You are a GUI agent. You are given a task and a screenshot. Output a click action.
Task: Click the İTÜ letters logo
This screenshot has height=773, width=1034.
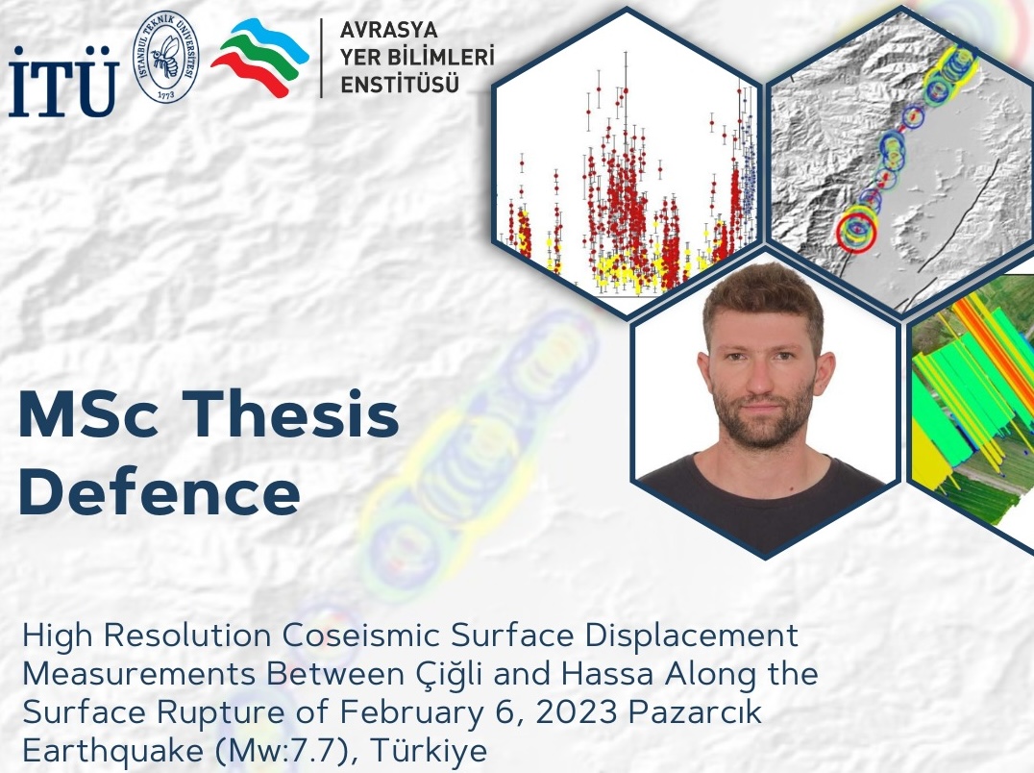(63, 82)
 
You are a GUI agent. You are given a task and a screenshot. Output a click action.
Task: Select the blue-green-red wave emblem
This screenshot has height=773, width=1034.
(259, 58)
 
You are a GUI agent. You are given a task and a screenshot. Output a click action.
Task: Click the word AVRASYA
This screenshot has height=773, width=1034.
(388, 30)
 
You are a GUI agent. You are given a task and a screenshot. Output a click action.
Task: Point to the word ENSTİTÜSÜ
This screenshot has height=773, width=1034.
(399, 85)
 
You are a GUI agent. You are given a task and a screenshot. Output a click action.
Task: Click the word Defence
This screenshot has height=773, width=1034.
(160, 492)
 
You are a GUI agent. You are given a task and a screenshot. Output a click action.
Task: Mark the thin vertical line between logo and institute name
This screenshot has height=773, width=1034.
(322, 58)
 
